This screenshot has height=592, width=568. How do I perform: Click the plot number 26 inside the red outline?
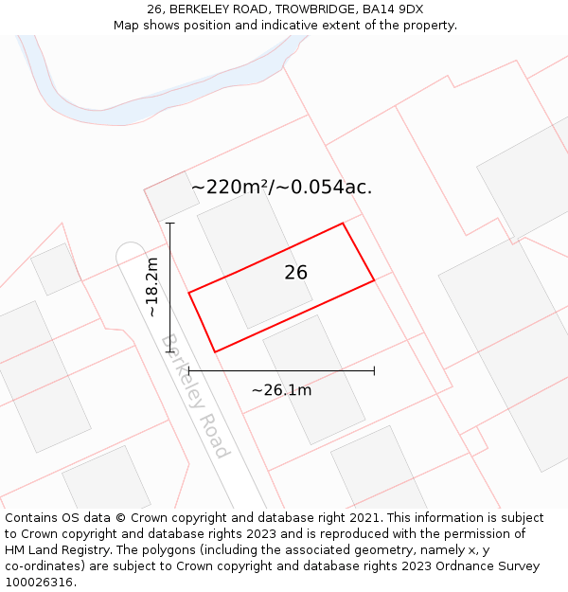coord(296,273)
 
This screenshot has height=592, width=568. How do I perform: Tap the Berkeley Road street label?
coord(195,396)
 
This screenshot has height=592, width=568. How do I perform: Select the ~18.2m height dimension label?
coord(152,286)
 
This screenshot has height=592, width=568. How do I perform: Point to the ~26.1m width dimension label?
coord(281,389)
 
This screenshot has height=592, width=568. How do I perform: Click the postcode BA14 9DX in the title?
coord(386,9)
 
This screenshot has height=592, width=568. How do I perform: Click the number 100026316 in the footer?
coord(41,583)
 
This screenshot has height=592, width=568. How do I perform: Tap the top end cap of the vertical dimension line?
coord(170,223)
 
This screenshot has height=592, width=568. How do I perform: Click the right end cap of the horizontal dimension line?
coord(375,370)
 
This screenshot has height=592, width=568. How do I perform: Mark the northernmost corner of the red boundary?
coord(343,224)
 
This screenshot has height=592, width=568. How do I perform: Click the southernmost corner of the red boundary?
coord(215,352)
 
